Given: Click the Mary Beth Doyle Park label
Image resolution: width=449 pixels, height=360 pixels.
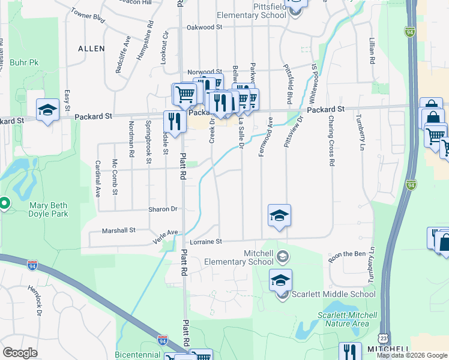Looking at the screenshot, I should [x=49, y=209].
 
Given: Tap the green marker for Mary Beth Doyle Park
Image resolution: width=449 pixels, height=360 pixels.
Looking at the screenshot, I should [x=4, y=203].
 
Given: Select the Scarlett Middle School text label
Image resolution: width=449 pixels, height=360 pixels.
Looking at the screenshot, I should [x=333, y=294].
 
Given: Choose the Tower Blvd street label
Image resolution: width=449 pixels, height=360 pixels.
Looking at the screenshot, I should [x=88, y=16].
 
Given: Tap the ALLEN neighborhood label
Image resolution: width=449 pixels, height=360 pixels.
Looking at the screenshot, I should [x=91, y=48].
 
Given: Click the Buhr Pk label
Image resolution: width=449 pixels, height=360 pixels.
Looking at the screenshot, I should [x=24, y=62].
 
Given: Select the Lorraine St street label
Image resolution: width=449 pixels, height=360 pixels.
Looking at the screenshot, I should [x=206, y=242].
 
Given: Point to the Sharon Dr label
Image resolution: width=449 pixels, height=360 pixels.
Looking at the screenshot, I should [x=163, y=209].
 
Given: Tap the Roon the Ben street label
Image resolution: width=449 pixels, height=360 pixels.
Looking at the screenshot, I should [x=347, y=257].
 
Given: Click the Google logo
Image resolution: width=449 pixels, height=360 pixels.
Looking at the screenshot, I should [x=20, y=353].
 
